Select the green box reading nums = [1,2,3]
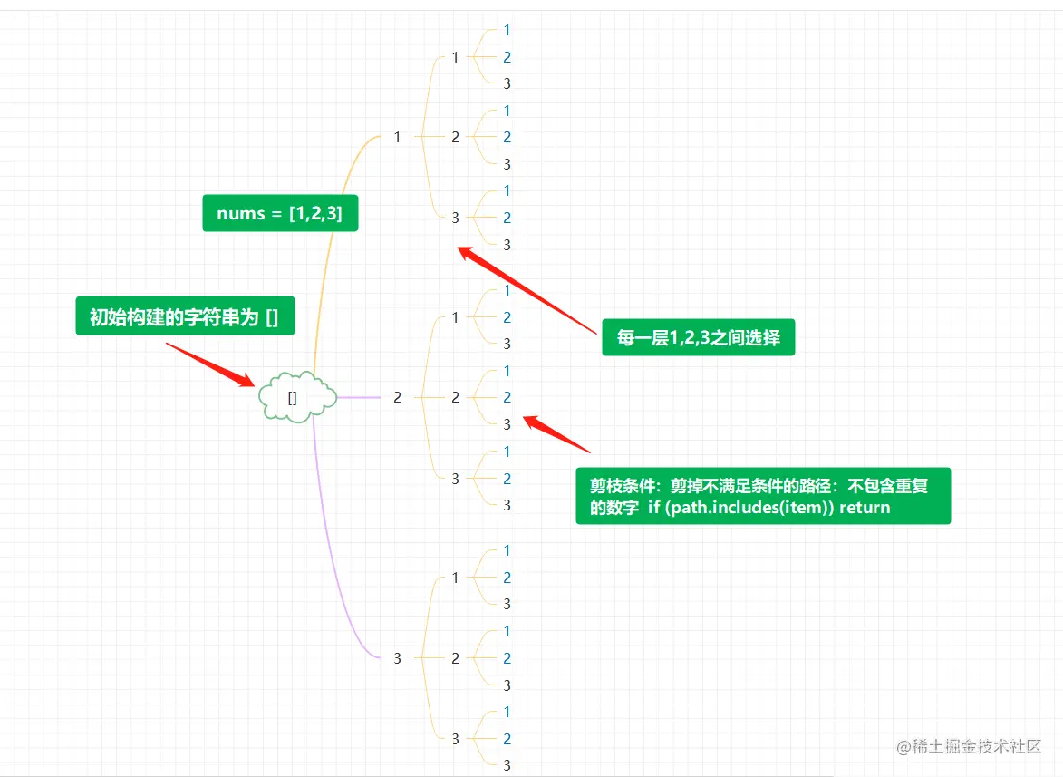click(280, 213)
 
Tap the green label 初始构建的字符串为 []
click(184, 317)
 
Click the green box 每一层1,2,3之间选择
click(698, 338)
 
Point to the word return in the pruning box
click(865, 508)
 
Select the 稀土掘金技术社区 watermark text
click(977, 747)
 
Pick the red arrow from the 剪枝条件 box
click(556, 434)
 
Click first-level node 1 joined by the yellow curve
click(397, 137)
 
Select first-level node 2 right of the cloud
click(397, 397)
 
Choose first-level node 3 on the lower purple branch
click(397, 658)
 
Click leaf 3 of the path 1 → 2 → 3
click(507, 164)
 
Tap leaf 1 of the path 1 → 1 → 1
click(507, 30)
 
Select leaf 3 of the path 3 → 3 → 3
click(507, 765)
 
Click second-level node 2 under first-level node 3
click(456, 658)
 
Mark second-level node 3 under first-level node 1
click(456, 218)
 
